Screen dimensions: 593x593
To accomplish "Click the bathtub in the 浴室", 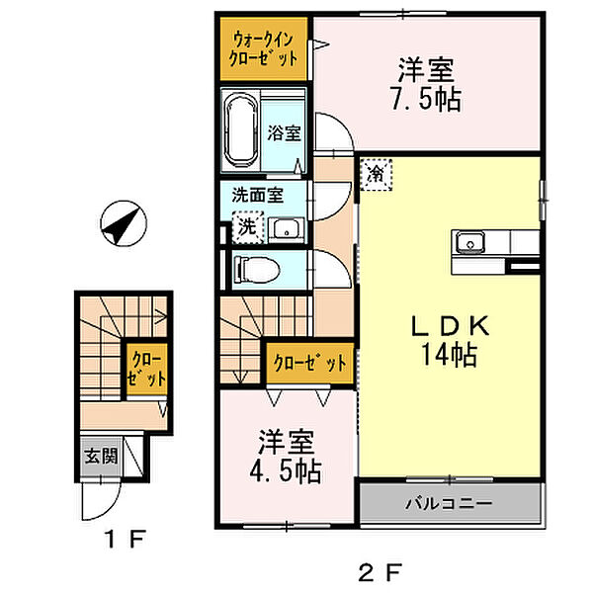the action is (x=241, y=129).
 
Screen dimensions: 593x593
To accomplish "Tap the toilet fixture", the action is (x=256, y=270).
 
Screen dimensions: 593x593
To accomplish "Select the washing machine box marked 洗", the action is (x=248, y=227).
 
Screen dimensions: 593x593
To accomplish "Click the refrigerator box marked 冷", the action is (x=376, y=175).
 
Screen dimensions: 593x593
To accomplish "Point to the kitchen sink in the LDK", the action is (x=470, y=242).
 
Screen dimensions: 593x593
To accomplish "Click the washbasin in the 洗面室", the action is (x=287, y=229).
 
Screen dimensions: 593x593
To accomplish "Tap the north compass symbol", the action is (x=124, y=223).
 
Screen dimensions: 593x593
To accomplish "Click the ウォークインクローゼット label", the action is (x=263, y=49).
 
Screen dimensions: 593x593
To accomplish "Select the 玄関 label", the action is (x=101, y=456).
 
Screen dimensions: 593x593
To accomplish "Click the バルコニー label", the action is (x=449, y=503).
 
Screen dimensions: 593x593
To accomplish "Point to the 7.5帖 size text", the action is (x=426, y=100).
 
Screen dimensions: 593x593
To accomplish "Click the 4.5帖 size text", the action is (x=286, y=471).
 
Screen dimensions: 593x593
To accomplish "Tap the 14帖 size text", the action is (x=449, y=355).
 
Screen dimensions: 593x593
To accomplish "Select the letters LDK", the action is (x=450, y=325).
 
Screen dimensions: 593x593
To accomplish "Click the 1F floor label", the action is (x=126, y=539).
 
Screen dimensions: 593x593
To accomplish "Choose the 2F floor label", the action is (x=380, y=572).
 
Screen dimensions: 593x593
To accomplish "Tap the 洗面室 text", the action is (x=258, y=196).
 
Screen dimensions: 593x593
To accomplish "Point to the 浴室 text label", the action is (x=284, y=133).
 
